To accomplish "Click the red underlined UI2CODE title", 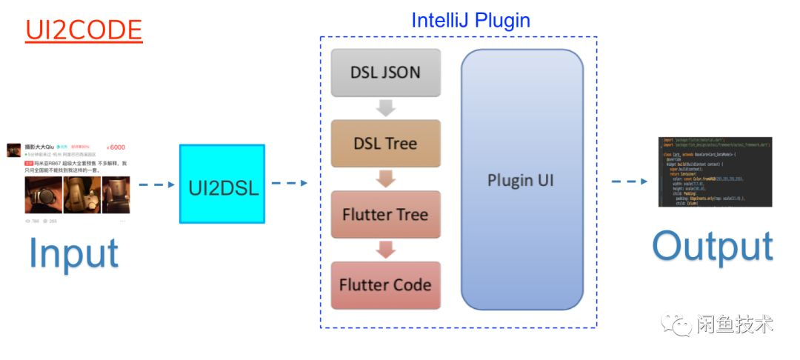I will [83, 30].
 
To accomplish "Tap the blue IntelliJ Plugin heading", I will [470, 20].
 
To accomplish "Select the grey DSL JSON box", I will [385, 73].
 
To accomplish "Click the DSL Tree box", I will [385, 143].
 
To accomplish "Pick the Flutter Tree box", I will [385, 214].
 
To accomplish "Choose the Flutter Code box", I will [385, 285].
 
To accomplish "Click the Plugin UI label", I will [521, 181].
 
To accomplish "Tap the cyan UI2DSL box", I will [222, 184].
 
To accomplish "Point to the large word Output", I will [713, 247].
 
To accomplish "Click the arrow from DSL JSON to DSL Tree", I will [385, 108].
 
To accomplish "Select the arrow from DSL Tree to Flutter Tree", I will [385, 179].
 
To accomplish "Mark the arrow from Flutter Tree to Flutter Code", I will [385, 250].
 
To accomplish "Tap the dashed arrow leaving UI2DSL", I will [289, 182].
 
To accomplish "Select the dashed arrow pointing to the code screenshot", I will [627, 181].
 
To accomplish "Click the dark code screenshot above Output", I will [715, 171].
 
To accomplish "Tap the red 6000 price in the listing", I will [116, 147].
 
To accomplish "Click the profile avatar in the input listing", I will [14, 150].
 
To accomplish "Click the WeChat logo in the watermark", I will [676, 323].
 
